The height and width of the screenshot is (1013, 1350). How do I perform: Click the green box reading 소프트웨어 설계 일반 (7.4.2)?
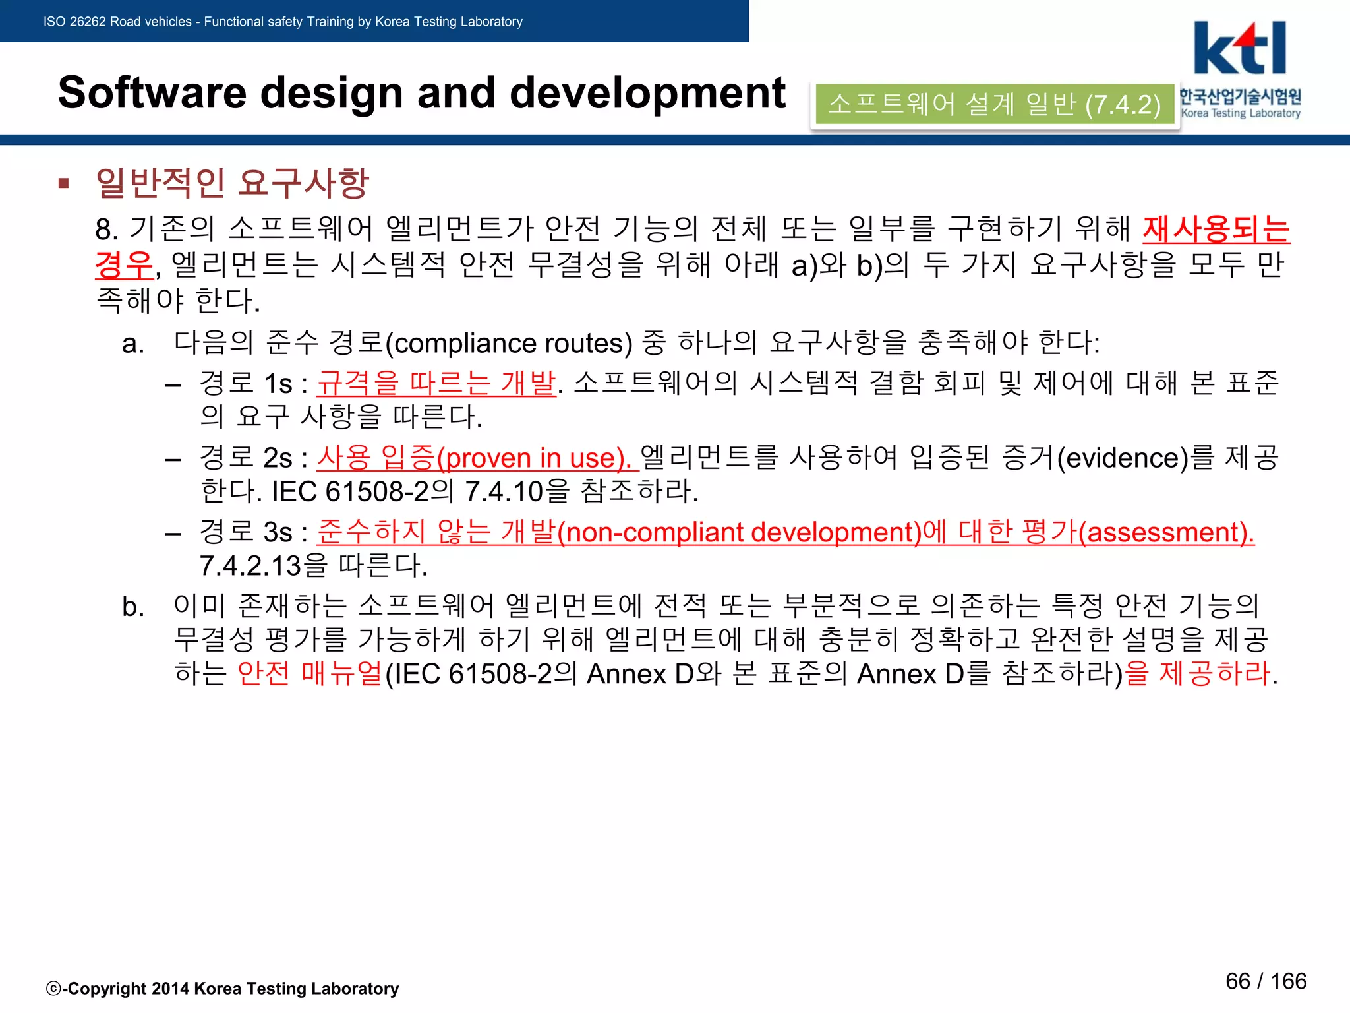(x=994, y=104)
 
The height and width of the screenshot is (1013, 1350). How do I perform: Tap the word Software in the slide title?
(x=152, y=92)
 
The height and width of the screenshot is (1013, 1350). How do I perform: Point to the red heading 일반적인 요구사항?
(x=232, y=183)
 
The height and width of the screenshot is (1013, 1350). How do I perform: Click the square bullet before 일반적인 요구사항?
(x=64, y=183)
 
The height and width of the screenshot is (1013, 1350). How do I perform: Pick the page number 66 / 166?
(x=1266, y=981)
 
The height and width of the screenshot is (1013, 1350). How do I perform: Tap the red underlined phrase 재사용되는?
(x=1216, y=230)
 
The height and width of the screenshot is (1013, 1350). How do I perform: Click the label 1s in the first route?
(x=278, y=383)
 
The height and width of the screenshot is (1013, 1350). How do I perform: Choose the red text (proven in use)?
(x=534, y=458)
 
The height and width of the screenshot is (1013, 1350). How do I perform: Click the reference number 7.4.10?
(x=504, y=492)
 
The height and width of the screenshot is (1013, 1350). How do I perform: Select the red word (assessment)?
(x=1166, y=532)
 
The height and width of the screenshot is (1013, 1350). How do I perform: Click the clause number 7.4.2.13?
(x=250, y=566)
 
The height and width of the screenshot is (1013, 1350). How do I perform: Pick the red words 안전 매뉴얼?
(x=310, y=673)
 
